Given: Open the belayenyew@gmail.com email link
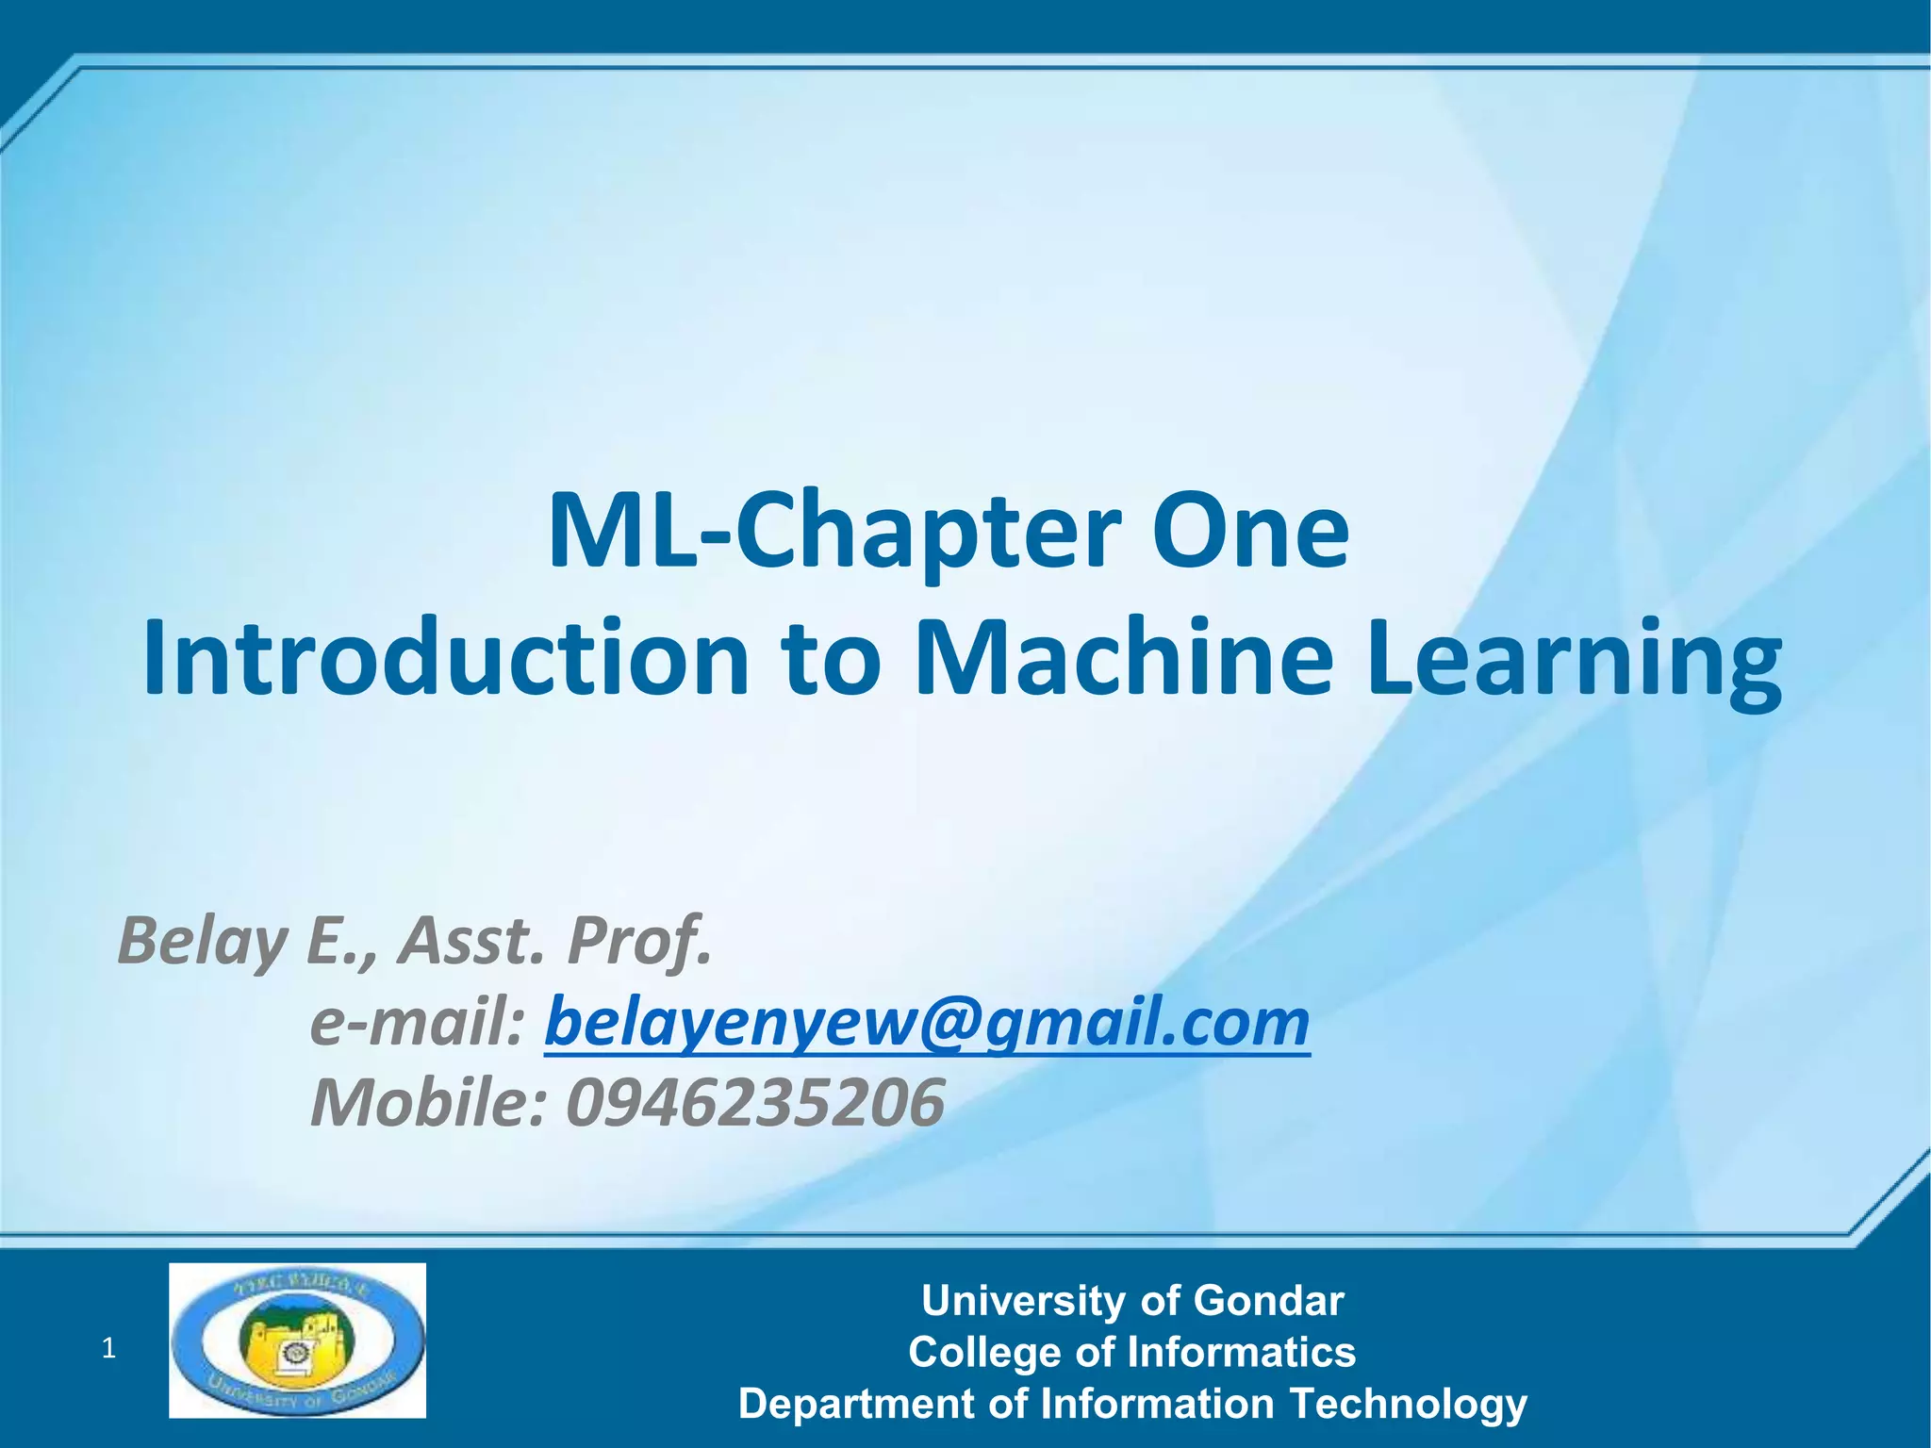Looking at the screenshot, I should click(927, 1023).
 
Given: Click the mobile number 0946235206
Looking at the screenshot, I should click(754, 1103).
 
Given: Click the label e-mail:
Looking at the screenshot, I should click(417, 1023).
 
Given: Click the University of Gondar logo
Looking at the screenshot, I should click(297, 1340).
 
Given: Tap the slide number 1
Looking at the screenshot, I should click(108, 1349).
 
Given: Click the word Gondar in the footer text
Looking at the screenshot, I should click(1268, 1301).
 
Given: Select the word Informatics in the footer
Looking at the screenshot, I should click(1242, 1352).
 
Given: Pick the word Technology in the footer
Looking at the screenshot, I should click(1408, 1404).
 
